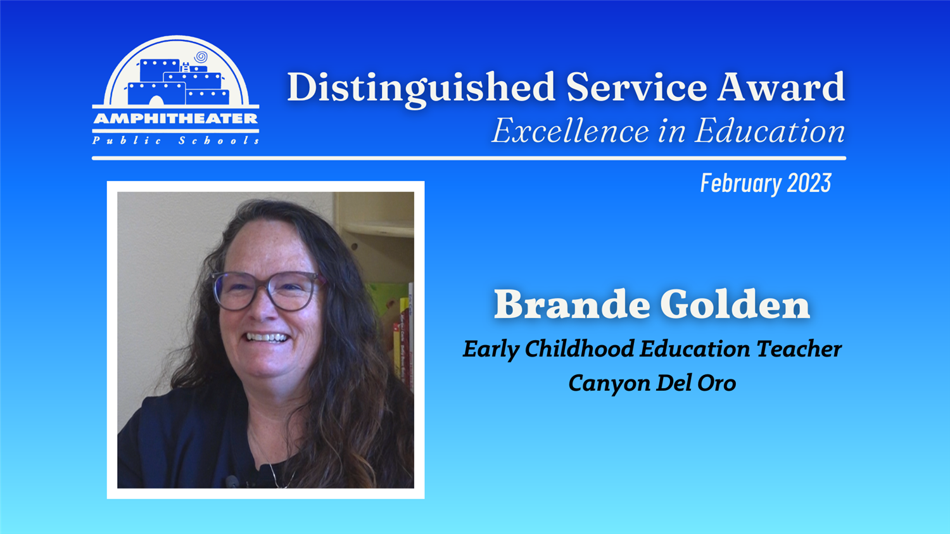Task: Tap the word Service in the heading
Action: pos(636,87)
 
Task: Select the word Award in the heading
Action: pos(781,87)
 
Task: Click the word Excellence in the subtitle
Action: pos(571,130)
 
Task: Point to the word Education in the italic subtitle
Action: pos(769,130)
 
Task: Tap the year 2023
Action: pos(809,183)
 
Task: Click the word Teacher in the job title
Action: pos(799,348)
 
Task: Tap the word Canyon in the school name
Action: pos(609,383)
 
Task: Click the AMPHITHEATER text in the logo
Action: pos(175,118)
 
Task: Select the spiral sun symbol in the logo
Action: pos(201,57)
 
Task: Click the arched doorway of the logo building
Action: pos(156,101)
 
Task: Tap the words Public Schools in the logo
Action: pos(175,141)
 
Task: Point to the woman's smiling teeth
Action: pos(267,338)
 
